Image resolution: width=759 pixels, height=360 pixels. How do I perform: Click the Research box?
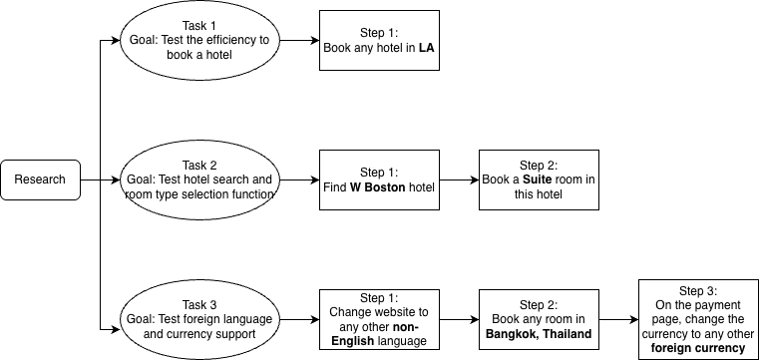click(x=40, y=180)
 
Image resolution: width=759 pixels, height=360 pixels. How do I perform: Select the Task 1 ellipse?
click(x=199, y=40)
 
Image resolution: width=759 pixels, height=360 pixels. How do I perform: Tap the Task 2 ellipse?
click(x=199, y=180)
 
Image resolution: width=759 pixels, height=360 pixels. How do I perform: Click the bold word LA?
click(x=424, y=48)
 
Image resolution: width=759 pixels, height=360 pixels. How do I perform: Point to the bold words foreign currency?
click(x=697, y=349)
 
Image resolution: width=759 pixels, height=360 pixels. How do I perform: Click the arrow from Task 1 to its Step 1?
click(x=298, y=40)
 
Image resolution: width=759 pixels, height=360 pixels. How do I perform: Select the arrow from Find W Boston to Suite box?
click(x=458, y=180)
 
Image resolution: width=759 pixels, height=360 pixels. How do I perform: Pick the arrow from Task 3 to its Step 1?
click(x=298, y=321)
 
